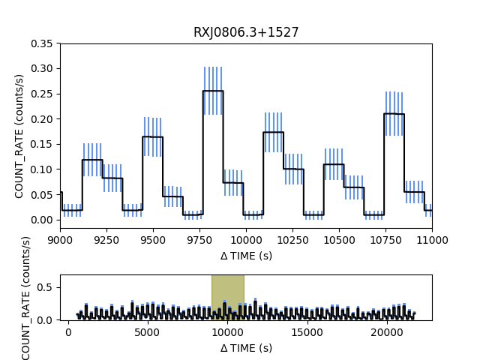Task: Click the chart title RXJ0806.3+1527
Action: point(246,32)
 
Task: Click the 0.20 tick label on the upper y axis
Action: point(42,119)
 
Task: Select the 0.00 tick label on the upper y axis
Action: point(42,220)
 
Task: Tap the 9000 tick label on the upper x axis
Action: point(60,241)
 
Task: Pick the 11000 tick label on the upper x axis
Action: point(432,241)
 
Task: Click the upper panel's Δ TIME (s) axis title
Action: point(246,256)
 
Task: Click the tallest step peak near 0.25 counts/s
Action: point(213,91)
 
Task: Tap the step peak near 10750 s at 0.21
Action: point(394,114)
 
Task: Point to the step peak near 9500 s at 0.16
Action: point(152,136)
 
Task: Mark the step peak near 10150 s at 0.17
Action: point(273,132)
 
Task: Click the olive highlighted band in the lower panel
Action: point(227,297)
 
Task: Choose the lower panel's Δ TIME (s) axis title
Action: point(246,348)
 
